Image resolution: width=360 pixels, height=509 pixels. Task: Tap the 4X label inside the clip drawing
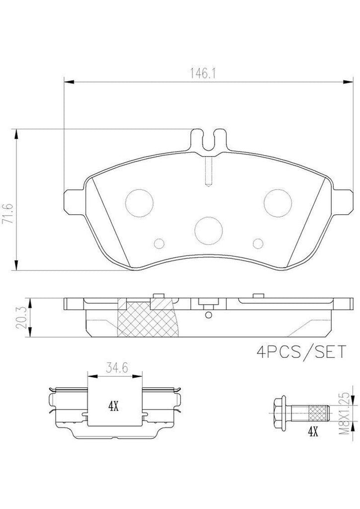pyautogui.click(x=113, y=405)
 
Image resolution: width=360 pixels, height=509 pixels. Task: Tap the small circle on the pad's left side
pyautogui.click(x=159, y=243)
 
